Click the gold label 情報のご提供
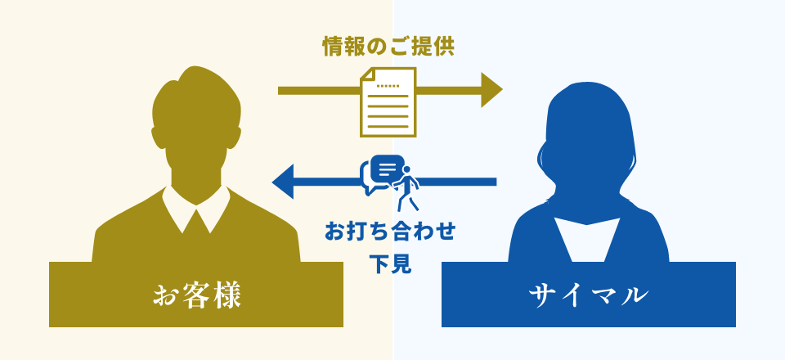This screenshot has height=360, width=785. (x=388, y=47)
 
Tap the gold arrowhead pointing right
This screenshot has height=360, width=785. (x=491, y=90)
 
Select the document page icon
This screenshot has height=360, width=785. (x=388, y=102)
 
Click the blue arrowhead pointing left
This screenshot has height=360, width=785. (x=282, y=182)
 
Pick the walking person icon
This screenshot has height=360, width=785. (x=406, y=188)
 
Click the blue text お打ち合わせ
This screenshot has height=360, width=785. (x=390, y=232)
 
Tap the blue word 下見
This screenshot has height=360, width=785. (x=390, y=264)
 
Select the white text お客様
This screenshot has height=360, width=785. (x=197, y=295)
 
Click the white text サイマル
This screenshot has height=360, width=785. (x=588, y=295)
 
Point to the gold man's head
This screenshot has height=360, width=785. (x=196, y=120)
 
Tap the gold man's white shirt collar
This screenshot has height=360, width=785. (x=196, y=210)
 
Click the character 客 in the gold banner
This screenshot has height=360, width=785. (x=197, y=295)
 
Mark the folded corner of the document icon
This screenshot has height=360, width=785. (x=366, y=74)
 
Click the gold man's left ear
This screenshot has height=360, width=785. (x=158, y=137)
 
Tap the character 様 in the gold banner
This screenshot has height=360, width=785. (x=227, y=295)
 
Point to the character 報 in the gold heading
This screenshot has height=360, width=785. (x=353, y=47)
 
